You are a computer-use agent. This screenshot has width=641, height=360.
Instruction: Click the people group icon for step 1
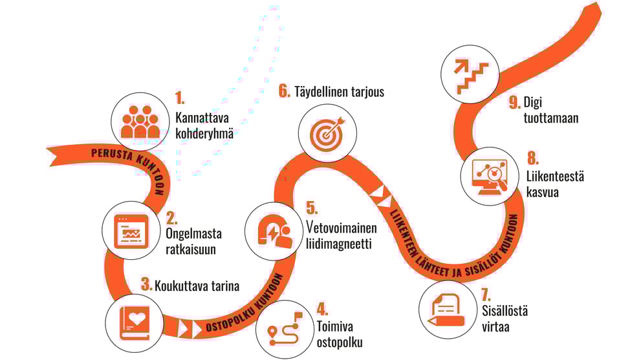[140, 122]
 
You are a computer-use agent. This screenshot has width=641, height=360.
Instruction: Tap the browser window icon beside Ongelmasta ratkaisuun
[131, 231]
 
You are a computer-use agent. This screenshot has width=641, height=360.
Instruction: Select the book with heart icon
[135, 323]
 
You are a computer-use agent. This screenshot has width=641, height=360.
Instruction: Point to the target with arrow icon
[327, 133]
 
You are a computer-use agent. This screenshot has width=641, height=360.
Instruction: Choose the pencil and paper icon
[446, 310]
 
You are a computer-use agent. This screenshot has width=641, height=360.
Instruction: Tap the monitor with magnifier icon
[490, 176]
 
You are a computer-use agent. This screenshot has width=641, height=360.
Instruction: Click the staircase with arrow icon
[471, 75]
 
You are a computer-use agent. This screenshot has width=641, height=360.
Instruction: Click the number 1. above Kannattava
[180, 98]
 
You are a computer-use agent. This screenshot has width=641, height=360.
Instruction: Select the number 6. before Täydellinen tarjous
[285, 90]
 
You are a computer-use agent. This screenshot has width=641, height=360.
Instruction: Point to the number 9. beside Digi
[515, 102]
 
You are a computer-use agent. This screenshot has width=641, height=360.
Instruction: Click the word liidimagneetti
[339, 244]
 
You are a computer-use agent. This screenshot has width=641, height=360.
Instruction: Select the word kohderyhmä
[204, 134]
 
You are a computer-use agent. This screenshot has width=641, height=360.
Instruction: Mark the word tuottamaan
[551, 118]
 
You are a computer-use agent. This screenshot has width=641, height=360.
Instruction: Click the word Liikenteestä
[555, 176]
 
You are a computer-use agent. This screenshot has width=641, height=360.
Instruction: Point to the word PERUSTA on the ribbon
[112, 155]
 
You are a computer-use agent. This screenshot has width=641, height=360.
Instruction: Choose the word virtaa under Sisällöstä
[495, 327]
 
